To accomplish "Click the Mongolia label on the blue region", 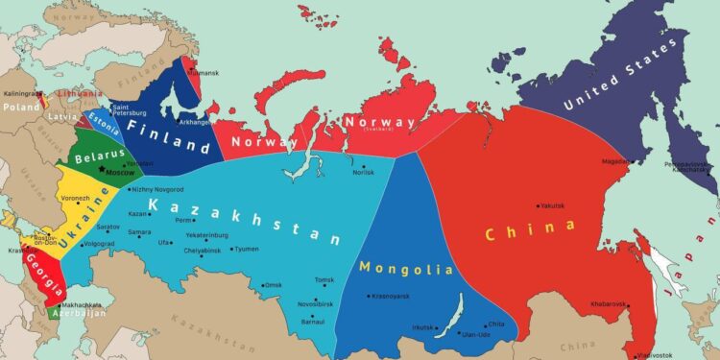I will (x=405, y=268).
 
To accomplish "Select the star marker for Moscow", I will (x=102, y=169).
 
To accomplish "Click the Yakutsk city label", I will (x=551, y=205).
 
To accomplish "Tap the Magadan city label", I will (x=616, y=161).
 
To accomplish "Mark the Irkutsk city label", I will (x=422, y=327).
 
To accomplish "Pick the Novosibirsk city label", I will (x=317, y=303).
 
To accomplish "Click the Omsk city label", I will (x=274, y=285).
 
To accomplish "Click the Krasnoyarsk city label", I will (x=395, y=296).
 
